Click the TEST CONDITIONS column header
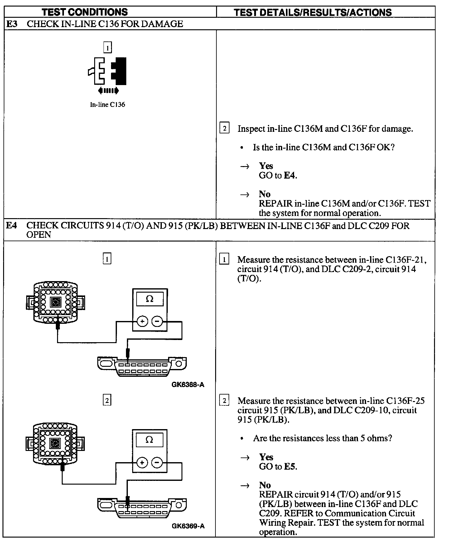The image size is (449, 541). point(85,12)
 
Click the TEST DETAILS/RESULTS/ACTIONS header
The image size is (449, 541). point(313,12)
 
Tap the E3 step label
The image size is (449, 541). point(12,24)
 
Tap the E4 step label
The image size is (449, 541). point(12,226)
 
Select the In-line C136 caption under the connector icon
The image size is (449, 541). point(108,105)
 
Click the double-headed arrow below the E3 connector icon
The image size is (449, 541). point(108,91)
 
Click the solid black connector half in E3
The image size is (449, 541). point(120,71)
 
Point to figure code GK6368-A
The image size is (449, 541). point(188,385)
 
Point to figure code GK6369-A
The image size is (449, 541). point(188,526)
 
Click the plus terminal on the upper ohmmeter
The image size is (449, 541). point(142,321)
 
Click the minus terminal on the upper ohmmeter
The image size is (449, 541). point(157,321)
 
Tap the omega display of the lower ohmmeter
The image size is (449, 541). point(149,440)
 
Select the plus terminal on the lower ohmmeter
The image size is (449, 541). point(142,462)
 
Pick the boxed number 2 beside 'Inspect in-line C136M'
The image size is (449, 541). point(224,128)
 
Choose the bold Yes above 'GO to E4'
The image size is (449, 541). point(266,166)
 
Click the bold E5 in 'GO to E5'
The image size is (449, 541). point(290,467)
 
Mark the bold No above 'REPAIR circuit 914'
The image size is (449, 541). point(265,485)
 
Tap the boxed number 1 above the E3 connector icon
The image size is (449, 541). point(107,48)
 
